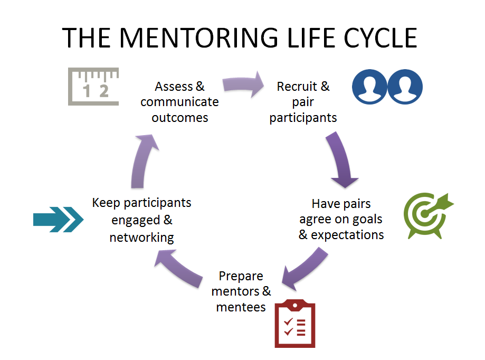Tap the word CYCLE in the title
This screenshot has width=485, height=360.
[x=381, y=37]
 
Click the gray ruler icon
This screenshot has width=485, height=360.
[x=93, y=87]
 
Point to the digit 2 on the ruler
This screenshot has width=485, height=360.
[x=104, y=91]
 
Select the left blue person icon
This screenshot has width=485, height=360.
[x=369, y=87]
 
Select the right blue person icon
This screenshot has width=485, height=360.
[x=405, y=87]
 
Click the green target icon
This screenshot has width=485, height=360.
[x=429, y=215]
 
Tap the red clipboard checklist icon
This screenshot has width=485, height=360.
[x=295, y=324]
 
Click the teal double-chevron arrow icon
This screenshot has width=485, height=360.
[x=58, y=219]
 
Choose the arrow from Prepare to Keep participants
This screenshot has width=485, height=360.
[x=178, y=268]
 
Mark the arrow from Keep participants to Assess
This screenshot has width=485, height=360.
[x=143, y=161]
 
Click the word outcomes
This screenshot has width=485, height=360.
[x=180, y=118]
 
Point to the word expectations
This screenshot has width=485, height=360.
[x=347, y=235]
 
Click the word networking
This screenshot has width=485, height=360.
[x=141, y=238]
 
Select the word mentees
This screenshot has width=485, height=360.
[x=241, y=307]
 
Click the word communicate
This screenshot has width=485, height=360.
[x=180, y=102]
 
